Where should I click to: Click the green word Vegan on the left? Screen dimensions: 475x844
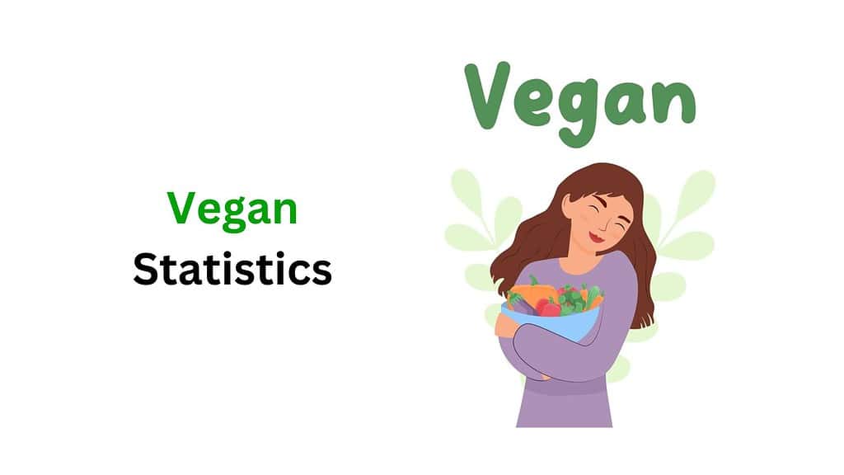click(232, 209)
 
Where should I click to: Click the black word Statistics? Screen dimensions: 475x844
click(232, 270)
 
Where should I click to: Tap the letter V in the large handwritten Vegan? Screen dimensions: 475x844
click(494, 92)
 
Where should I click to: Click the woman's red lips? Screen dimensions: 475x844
click(596, 237)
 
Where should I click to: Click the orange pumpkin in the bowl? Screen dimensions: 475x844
click(531, 295)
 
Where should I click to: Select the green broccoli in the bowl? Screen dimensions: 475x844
click(570, 296)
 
